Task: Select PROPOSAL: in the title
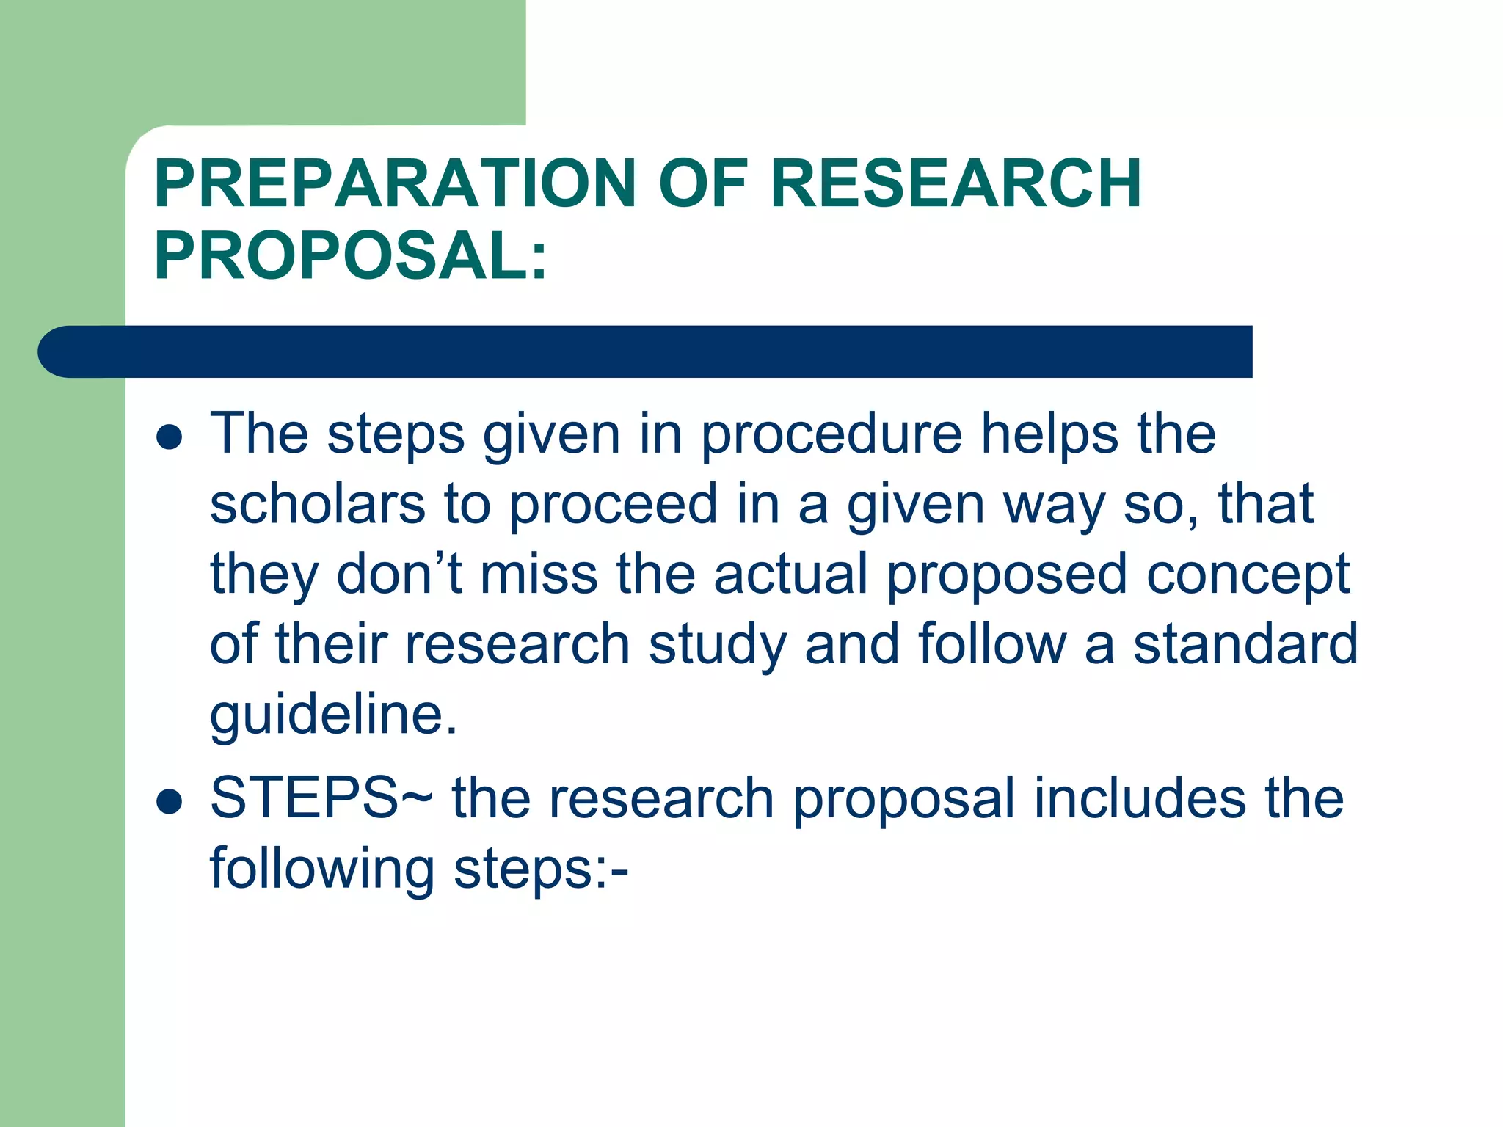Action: (x=351, y=255)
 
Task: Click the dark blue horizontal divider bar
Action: (x=644, y=351)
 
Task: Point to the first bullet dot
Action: (x=170, y=438)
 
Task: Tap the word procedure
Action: (x=831, y=435)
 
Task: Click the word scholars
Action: (x=317, y=504)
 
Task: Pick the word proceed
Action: (x=614, y=506)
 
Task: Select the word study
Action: (x=717, y=645)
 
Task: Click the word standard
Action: (x=1245, y=643)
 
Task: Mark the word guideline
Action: (x=333, y=714)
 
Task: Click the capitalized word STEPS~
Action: (x=321, y=798)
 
